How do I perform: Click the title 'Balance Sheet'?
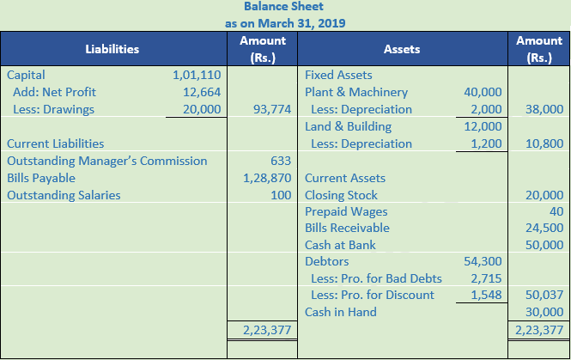(285, 7)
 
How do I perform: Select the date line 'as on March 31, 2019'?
(285, 23)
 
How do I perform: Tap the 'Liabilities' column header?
(112, 50)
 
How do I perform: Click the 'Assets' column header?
(402, 50)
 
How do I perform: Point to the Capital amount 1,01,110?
(197, 75)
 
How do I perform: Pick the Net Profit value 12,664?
(202, 92)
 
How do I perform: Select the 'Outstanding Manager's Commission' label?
(106, 161)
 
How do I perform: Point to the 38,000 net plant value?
(544, 109)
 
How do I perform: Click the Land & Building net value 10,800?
(544, 143)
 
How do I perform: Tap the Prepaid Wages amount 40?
(556, 211)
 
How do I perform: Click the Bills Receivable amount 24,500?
(544, 229)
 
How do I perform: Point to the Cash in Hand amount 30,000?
(544, 312)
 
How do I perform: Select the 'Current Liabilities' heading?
(55, 143)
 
